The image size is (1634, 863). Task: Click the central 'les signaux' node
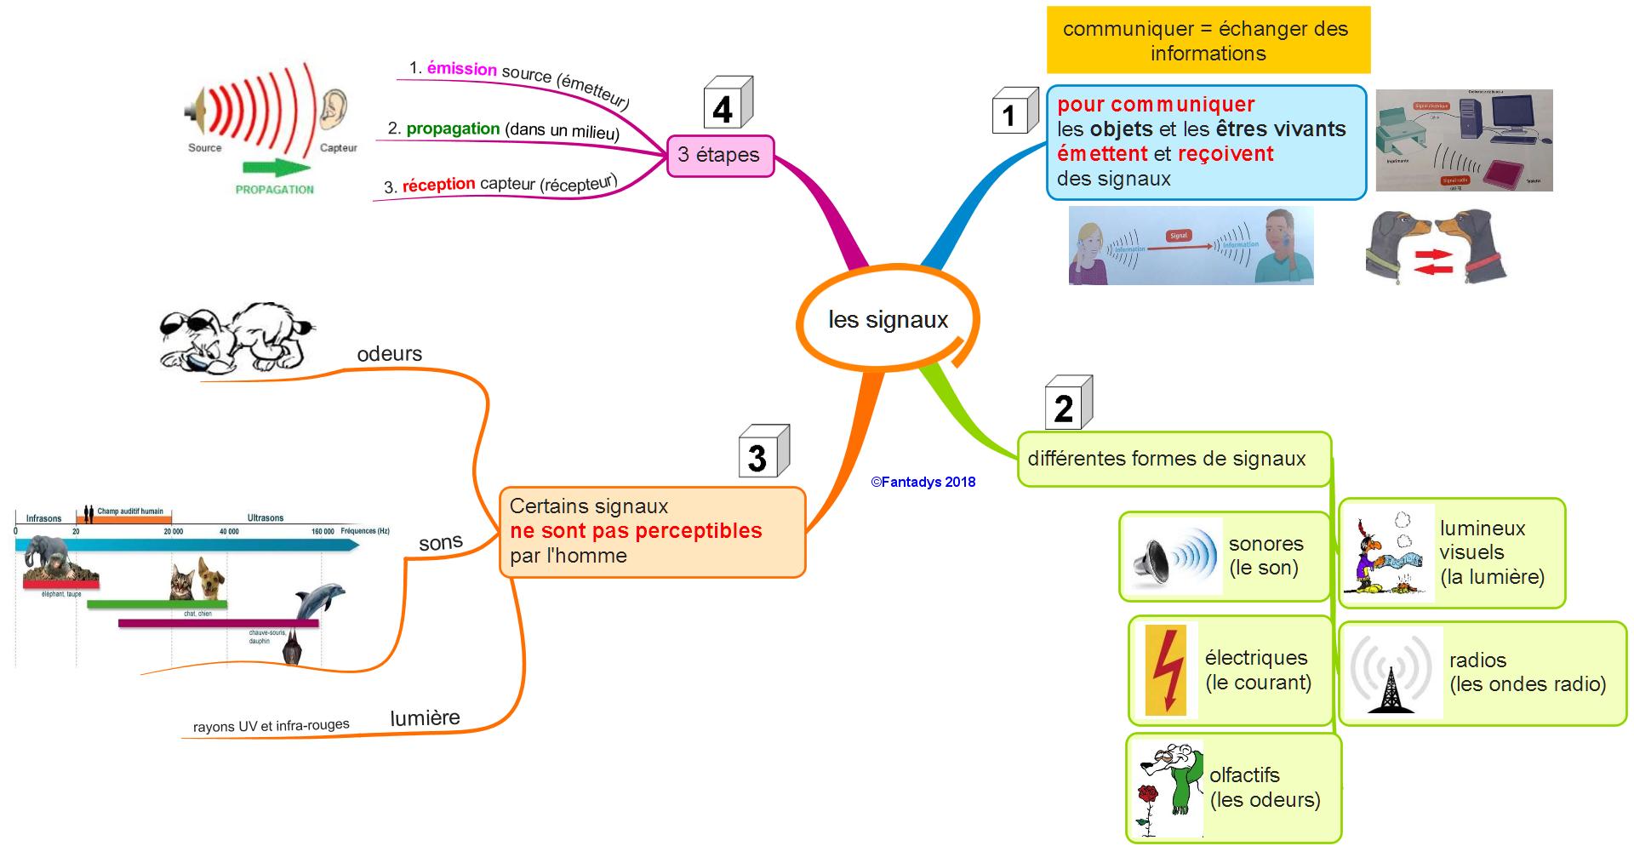[x=888, y=320]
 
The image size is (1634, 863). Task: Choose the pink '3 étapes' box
[x=720, y=156]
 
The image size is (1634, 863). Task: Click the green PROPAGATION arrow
[x=275, y=168]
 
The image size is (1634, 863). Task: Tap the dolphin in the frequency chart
[x=319, y=600]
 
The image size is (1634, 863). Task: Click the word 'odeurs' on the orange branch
[x=389, y=354]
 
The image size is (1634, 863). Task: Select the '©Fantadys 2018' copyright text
[x=923, y=483]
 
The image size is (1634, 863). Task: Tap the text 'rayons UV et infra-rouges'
[x=271, y=726]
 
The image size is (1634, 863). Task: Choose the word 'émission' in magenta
[x=461, y=69]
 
